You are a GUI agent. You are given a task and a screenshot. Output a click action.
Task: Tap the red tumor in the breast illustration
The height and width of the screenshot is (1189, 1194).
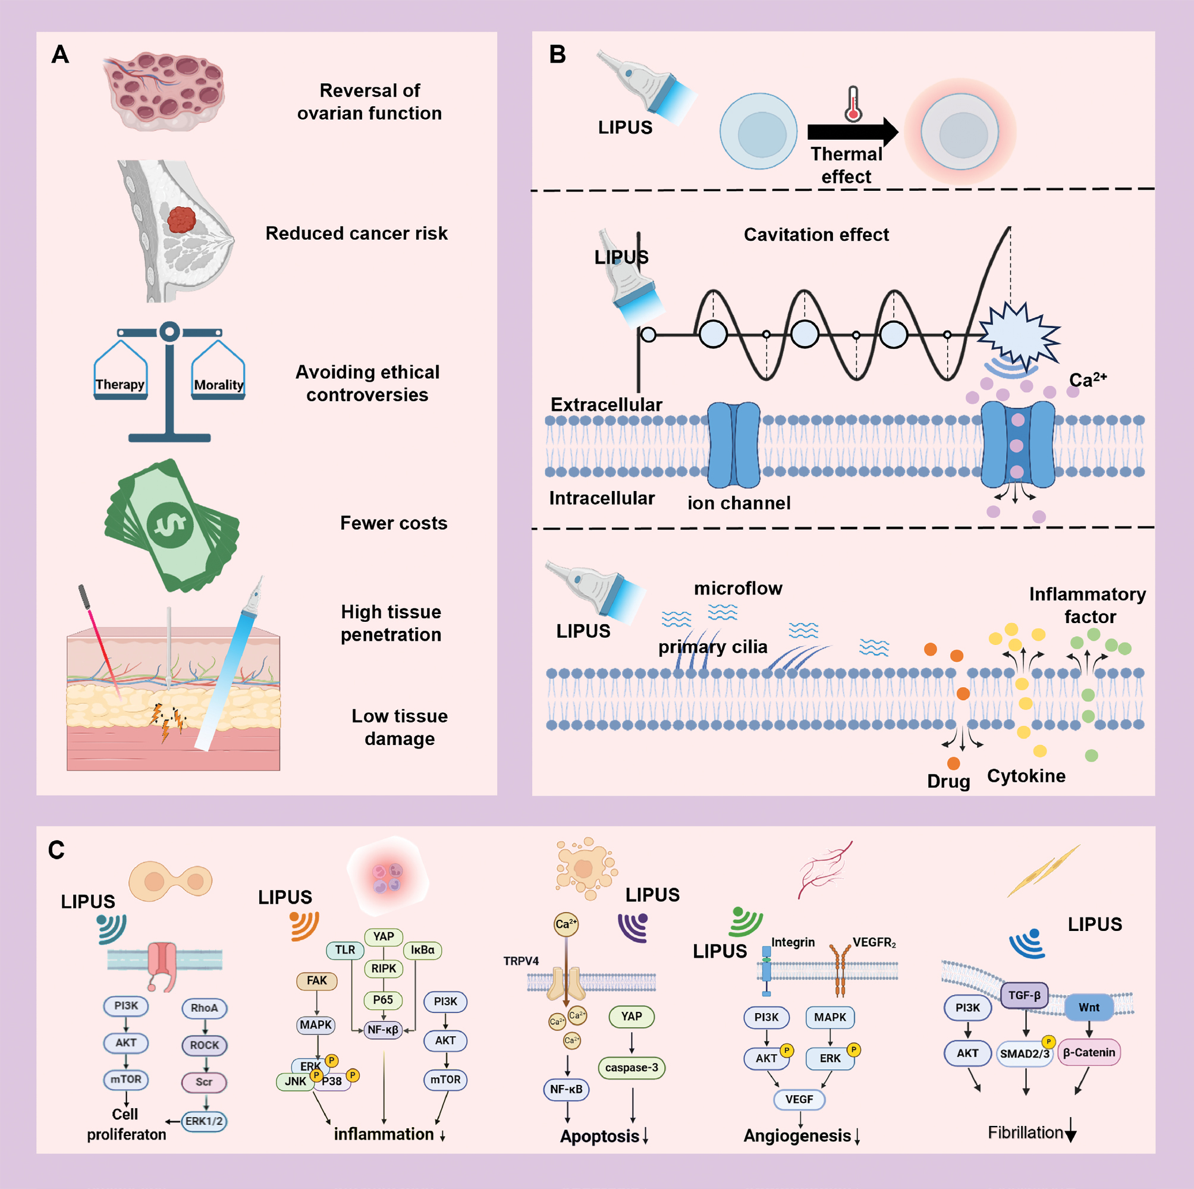click(x=181, y=219)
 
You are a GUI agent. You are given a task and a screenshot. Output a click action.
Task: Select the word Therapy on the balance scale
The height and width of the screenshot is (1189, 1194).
click(x=120, y=385)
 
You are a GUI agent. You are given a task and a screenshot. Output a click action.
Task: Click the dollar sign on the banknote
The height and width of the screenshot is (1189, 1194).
click(x=170, y=525)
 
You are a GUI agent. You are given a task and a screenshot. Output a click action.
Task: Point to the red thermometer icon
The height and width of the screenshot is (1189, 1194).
click(x=853, y=104)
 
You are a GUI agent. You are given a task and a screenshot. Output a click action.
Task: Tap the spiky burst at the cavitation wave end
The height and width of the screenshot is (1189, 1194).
click(x=1018, y=334)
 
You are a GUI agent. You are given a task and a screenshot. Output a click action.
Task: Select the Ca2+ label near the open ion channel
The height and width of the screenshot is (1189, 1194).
click(x=1088, y=379)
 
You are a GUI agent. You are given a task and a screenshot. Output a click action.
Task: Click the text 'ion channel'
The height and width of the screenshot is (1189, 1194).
click(x=739, y=503)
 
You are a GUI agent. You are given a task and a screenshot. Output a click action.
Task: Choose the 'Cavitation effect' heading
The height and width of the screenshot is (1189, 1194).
click(x=816, y=235)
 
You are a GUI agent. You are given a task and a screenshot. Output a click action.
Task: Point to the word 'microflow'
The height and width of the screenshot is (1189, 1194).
click(x=738, y=589)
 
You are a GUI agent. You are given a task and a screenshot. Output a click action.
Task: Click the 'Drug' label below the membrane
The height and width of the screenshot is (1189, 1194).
click(x=948, y=781)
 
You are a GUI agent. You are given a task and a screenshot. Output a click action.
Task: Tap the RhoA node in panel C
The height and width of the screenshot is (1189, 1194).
click(x=205, y=1008)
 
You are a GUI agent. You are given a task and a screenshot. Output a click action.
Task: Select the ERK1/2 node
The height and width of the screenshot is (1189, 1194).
click(x=205, y=1121)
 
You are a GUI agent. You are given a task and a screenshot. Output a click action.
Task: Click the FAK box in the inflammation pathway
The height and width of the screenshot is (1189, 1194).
click(x=316, y=981)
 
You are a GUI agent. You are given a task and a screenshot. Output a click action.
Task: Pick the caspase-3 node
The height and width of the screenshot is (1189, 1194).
click(x=631, y=1067)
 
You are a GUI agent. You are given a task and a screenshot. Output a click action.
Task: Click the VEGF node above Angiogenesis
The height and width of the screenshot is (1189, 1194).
click(x=799, y=1099)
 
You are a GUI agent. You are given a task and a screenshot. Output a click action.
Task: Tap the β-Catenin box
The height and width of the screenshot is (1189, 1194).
click(x=1089, y=1052)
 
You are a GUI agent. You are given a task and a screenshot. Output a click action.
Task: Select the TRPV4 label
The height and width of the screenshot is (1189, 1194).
click(x=520, y=961)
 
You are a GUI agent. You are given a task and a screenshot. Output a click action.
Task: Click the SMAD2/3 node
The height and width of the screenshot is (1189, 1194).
click(x=1025, y=1053)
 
